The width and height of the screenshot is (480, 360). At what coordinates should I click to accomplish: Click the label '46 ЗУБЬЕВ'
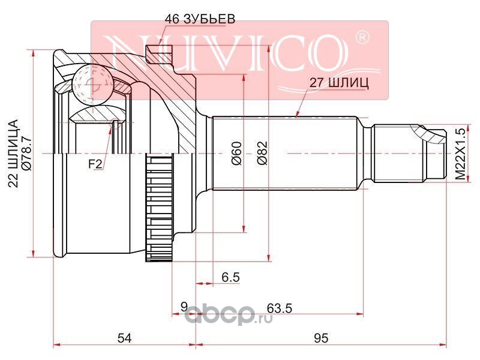tap(200, 19)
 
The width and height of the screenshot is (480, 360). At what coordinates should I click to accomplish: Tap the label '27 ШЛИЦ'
tap(339, 83)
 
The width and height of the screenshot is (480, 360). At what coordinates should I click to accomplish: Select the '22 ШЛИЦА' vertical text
tap(13, 154)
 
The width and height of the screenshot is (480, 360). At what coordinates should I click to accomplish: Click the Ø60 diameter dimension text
tap(237, 154)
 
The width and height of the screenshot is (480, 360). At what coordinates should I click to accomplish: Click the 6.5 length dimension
tap(230, 277)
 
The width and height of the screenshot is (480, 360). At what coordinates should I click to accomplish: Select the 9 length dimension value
tap(184, 307)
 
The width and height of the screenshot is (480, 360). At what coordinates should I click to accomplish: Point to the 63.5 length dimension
tap(280, 308)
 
